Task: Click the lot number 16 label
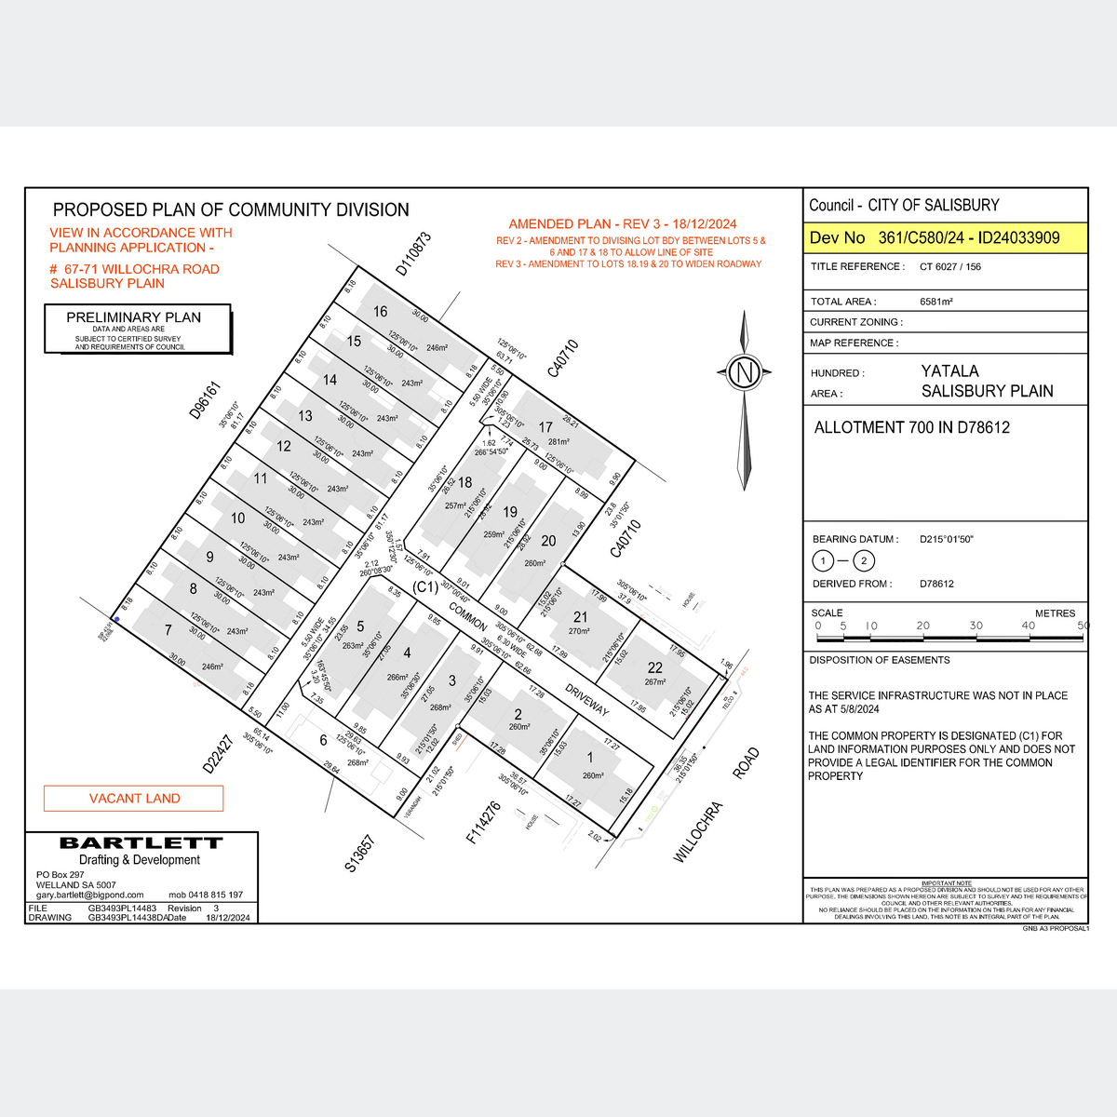tap(380, 312)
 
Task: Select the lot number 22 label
tap(655, 667)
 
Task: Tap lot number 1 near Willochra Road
tap(589, 759)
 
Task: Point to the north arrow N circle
tap(744, 373)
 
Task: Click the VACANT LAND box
tap(134, 799)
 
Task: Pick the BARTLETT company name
tap(141, 843)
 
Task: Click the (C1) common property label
tap(424, 588)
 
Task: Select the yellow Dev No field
tap(945, 237)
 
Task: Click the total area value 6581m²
tap(935, 302)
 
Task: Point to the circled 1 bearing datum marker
tap(823, 561)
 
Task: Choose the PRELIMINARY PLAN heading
tap(134, 317)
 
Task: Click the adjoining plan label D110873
tap(413, 253)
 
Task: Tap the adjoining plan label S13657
tap(359, 854)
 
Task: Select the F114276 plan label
tap(484, 823)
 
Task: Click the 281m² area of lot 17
tap(558, 442)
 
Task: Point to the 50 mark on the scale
tap(1083, 626)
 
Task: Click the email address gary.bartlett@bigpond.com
tap(90, 895)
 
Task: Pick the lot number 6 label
tap(324, 741)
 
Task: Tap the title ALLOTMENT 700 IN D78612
tap(911, 428)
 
